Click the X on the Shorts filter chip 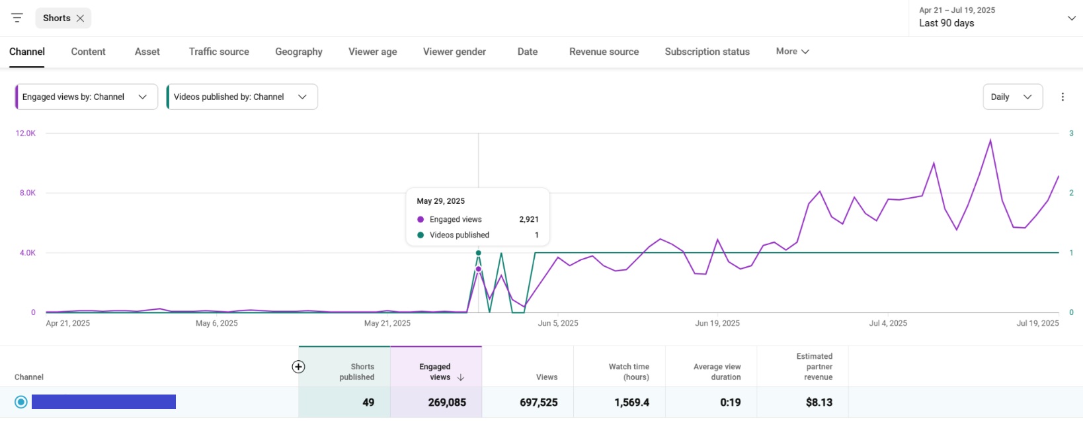coord(80,19)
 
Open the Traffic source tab coord(219,52)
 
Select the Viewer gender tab coord(454,52)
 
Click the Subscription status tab coord(707,52)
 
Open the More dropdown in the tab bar coord(792,52)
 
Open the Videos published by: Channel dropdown coord(242,97)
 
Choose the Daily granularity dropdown coord(1012,97)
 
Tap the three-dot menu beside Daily coord(1063,97)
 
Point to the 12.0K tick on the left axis coord(26,134)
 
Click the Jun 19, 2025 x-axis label coord(717,324)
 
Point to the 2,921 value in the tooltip coord(528,220)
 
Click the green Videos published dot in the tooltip coord(421,235)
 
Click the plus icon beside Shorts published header coord(299,367)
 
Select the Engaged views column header coord(436,371)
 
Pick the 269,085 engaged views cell coord(447,402)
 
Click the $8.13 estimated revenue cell coord(819,402)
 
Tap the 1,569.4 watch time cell coord(631,402)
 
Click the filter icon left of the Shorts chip coord(17,19)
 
